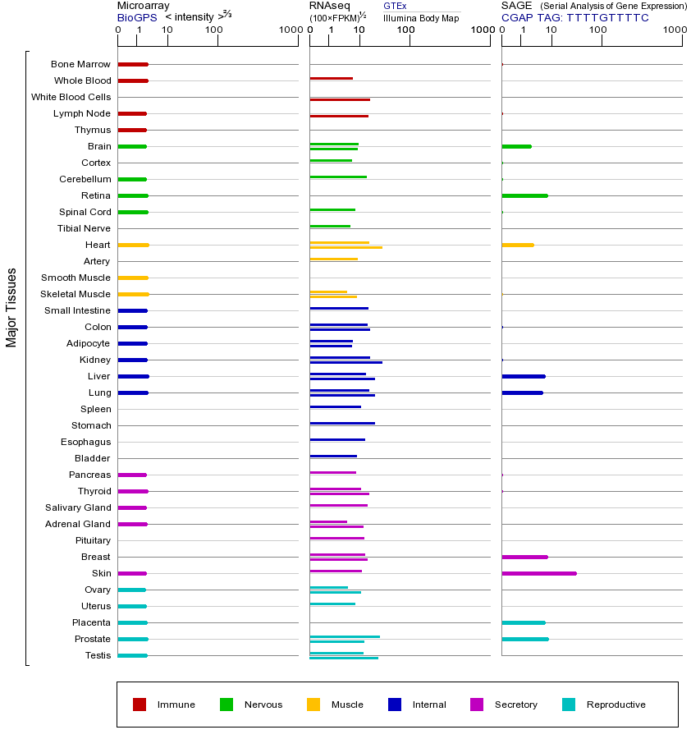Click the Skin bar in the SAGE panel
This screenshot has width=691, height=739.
pyautogui.click(x=538, y=573)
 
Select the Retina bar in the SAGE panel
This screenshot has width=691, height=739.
pyautogui.click(x=524, y=195)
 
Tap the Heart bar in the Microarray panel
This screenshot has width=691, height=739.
pyautogui.click(x=133, y=245)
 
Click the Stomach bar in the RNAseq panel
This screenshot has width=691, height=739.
pyautogui.click(x=342, y=423)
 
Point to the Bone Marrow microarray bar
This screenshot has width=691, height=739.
pyautogui.click(x=133, y=64)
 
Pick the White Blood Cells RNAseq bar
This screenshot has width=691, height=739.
pyautogui.click(x=340, y=99)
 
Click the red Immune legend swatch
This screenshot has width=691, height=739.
pyautogui.click(x=140, y=705)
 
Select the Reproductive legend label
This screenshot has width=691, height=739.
pyautogui.click(x=615, y=705)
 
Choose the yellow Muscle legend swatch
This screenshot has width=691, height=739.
pyautogui.click(x=313, y=705)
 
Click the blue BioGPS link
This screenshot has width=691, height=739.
pyautogui.click(x=137, y=17)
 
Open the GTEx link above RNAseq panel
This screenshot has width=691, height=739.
pyautogui.click(x=395, y=7)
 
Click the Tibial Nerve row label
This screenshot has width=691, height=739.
pyautogui.click(x=84, y=228)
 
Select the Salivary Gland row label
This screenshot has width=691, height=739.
pyautogui.click(x=78, y=507)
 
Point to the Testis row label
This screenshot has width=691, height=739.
pyautogui.click(x=98, y=655)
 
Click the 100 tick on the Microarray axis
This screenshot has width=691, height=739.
pyautogui.click(x=214, y=30)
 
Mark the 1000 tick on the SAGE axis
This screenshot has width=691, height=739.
pyautogui.click(x=674, y=30)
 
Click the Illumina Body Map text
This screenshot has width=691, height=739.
pyautogui.click(x=421, y=18)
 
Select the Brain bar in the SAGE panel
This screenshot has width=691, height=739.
pyautogui.click(x=516, y=146)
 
